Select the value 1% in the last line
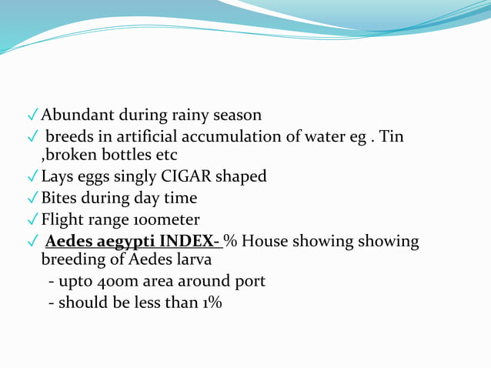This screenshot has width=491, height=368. [x=211, y=303]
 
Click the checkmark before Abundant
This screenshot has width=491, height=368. [x=33, y=116]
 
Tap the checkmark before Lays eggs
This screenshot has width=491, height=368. [x=33, y=177]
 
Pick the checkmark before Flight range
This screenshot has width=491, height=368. [x=33, y=220]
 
